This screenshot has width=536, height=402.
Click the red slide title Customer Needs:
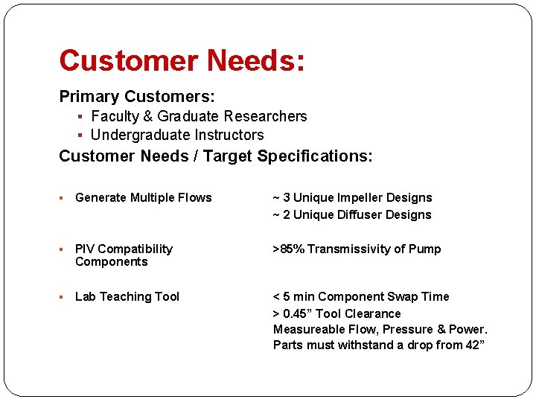click(182, 60)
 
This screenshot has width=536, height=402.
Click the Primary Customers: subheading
click(137, 97)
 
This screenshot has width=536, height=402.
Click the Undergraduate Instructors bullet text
click(177, 135)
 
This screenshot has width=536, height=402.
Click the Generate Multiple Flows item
click(144, 197)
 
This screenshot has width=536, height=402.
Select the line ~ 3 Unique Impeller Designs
click(352, 197)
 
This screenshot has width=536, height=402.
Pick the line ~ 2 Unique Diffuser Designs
click(352, 214)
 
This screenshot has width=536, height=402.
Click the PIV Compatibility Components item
click(124, 255)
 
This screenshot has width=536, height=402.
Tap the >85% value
click(288, 249)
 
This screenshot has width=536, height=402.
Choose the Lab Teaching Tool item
click(127, 296)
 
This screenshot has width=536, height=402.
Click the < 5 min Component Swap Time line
click(361, 296)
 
